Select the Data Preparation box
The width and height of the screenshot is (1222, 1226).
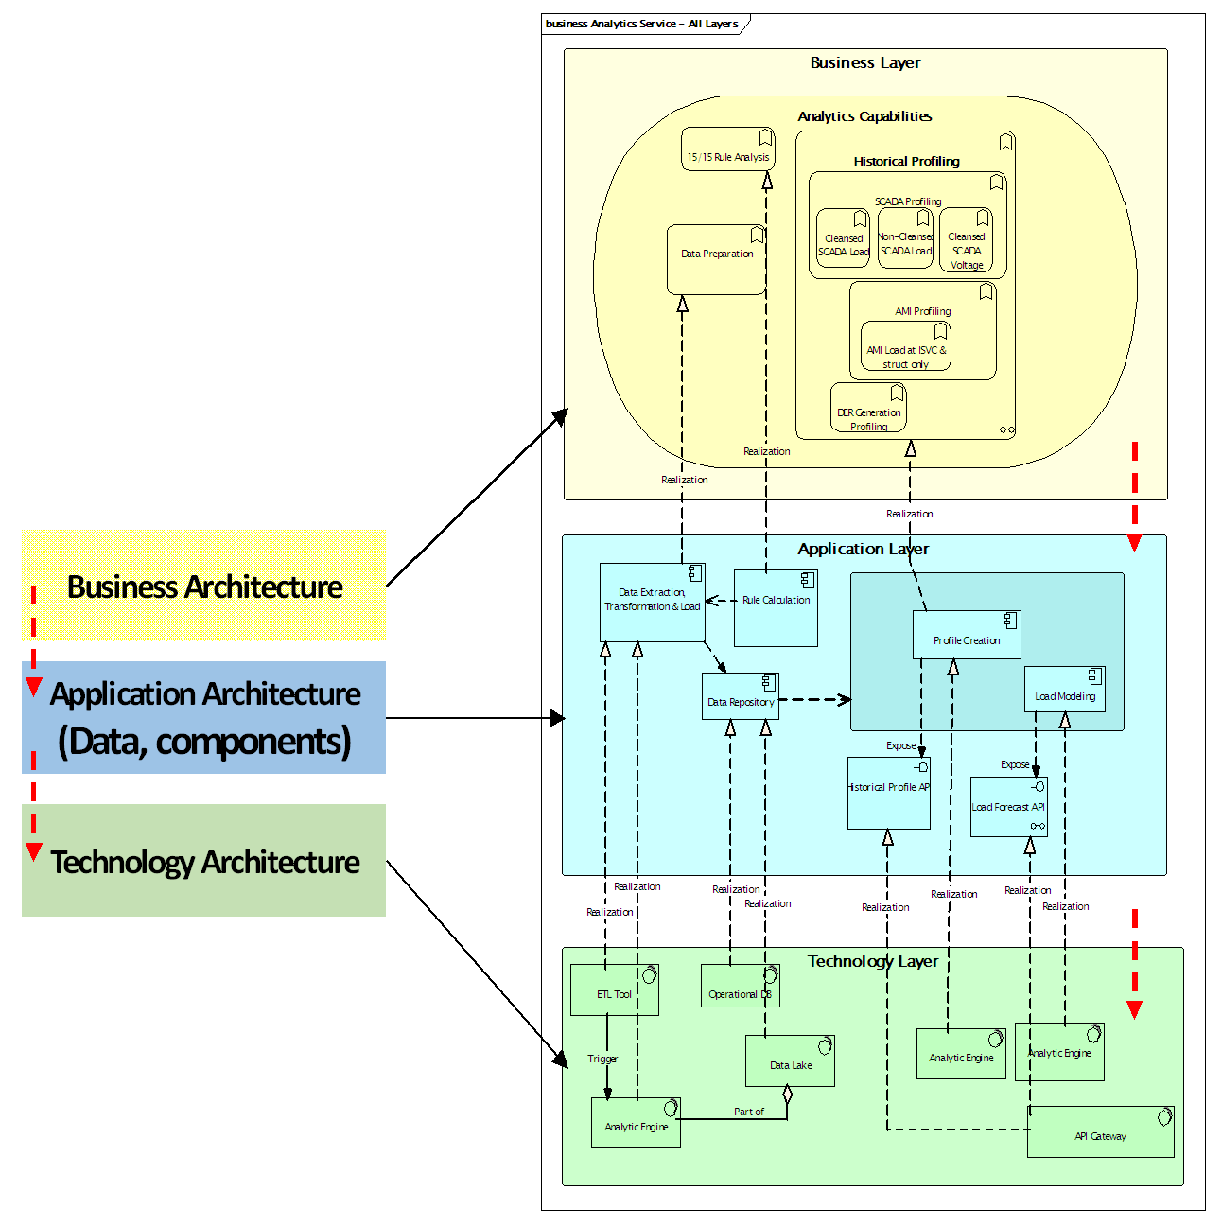716,259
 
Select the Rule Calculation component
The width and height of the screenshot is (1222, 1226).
776,607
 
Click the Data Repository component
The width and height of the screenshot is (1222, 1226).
740,697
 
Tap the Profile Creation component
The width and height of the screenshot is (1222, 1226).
966,635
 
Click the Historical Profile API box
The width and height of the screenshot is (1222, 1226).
888,793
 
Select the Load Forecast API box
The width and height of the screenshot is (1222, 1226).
1008,807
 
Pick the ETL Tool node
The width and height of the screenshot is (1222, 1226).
614,990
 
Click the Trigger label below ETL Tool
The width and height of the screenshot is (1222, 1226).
602,1059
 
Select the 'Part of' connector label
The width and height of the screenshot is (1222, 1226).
749,1112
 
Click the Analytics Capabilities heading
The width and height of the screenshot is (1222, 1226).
864,116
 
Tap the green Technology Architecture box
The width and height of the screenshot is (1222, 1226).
203,861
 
